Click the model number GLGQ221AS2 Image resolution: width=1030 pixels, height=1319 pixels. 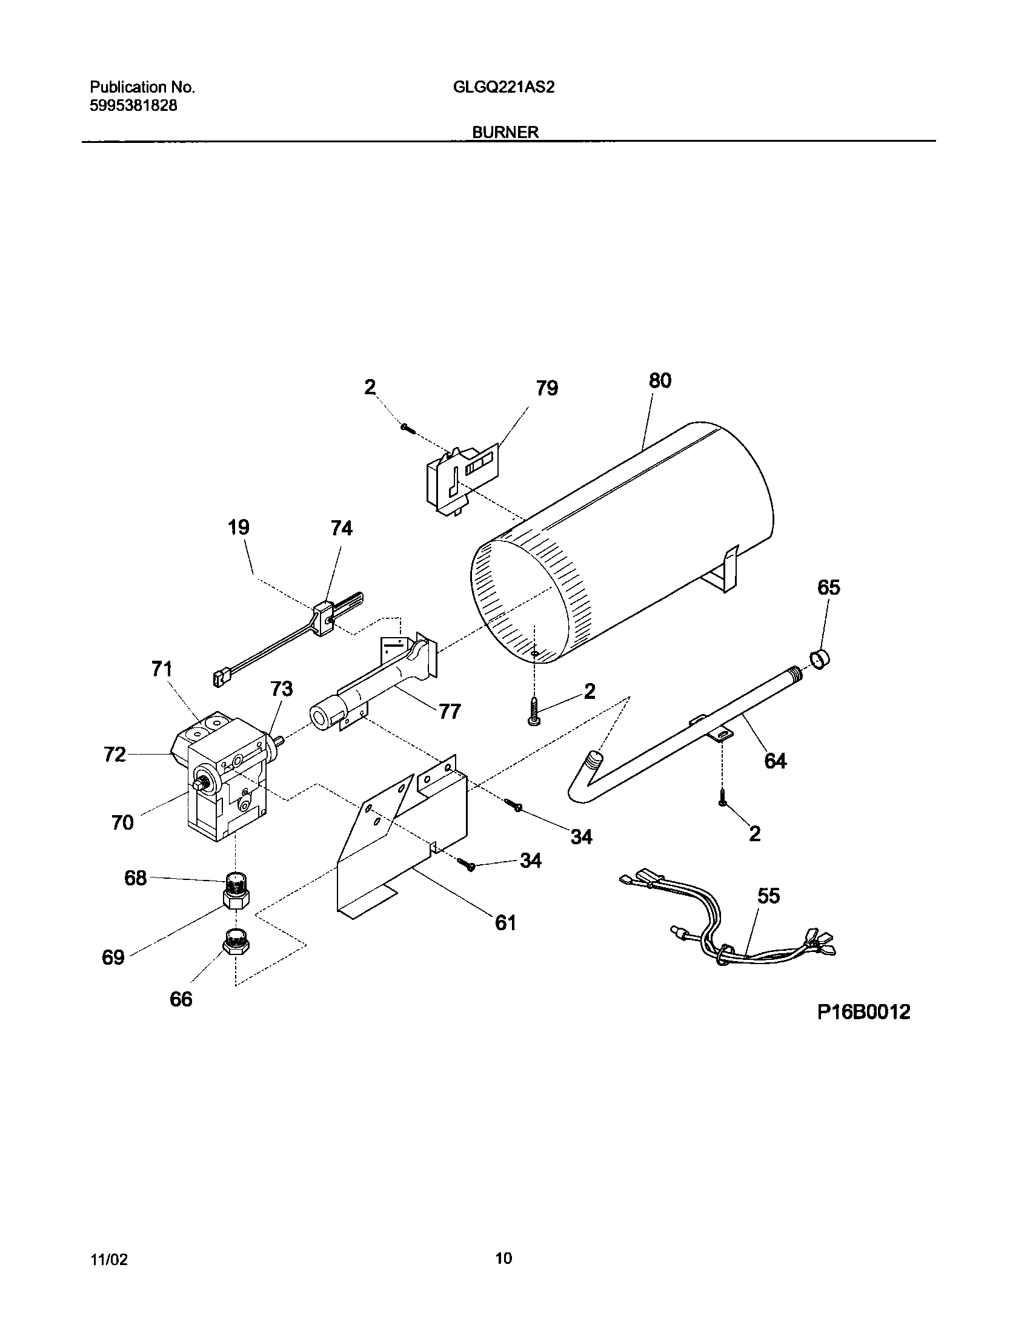[503, 87]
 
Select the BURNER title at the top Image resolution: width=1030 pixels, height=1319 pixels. [505, 133]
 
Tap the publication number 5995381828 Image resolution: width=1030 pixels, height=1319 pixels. [133, 105]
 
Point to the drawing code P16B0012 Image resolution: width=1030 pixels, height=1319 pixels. [863, 1012]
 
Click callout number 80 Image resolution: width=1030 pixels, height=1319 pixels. [660, 380]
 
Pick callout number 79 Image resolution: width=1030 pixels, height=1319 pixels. [547, 388]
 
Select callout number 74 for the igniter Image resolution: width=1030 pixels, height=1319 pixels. [341, 529]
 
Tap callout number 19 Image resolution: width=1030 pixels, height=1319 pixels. [239, 527]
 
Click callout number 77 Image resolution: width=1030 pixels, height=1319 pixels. [450, 711]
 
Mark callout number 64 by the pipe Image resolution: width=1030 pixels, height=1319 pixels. [776, 761]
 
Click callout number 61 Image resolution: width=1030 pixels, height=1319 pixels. [505, 922]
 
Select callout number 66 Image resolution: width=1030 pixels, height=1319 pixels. [181, 999]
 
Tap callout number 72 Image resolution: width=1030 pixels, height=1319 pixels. [115, 755]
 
